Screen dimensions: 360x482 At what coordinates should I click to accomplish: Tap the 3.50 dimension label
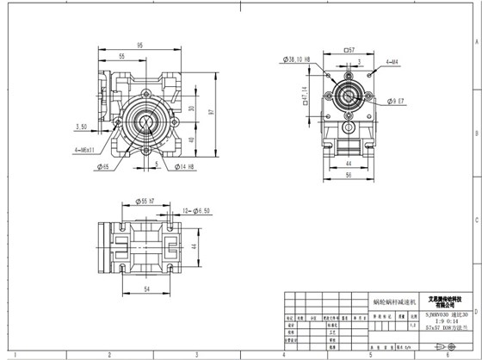[x=83, y=126]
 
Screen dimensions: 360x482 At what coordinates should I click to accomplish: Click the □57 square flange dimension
[x=349, y=50]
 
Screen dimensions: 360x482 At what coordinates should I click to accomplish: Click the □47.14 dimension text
[x=304, y=92]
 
